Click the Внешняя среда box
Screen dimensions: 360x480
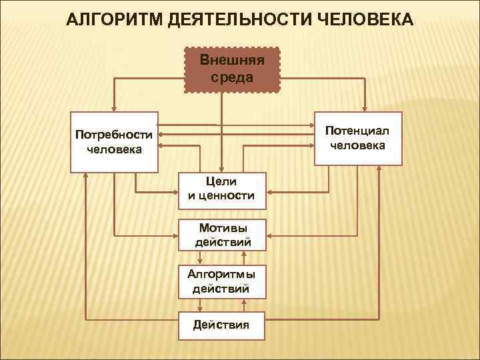tap(231, 69)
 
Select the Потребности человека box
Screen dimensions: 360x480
tap(115, 141)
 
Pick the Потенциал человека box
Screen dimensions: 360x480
tap(357, 138)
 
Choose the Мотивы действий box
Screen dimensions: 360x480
tap(222, 235)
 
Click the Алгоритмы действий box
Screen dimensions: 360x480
tap(222, 281)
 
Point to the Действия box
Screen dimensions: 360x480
tap(221, 325)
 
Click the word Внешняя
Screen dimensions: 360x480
tap(232, 61)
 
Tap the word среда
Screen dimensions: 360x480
tap(232, 77)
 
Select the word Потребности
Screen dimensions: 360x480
tap(115, 135)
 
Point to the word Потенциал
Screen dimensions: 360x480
tap(357, 131)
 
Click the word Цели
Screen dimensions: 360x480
tap(223, 181)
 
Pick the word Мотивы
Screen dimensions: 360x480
tap(223, 227)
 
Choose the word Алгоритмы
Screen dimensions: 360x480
tap(223, 274)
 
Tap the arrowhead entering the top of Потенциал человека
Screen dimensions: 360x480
tap(364, 107)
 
